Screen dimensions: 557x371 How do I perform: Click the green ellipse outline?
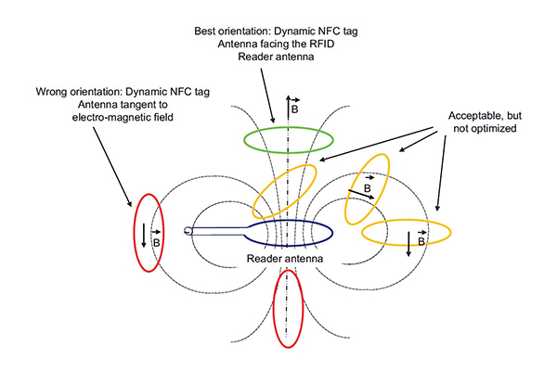click(x=288, y=128)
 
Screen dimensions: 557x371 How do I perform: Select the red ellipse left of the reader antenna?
click(x=134, y=233)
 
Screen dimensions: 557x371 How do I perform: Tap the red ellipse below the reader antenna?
click(x=274, y=309)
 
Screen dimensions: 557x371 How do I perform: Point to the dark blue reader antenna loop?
click(x=289, y=221)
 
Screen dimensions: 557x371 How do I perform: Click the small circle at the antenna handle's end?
click(x=188, y=232)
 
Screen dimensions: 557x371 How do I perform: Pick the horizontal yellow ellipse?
click(x=406, y=220)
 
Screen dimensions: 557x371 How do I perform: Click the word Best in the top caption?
click(x=205, y=32)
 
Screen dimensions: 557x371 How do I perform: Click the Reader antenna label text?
click(x=285, y=259)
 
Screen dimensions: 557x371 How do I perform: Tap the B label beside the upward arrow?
click(x=295, y=109)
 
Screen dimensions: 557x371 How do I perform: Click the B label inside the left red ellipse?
click(x=156, y=242)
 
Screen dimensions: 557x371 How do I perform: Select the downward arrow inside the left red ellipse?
click(x=144, y=235)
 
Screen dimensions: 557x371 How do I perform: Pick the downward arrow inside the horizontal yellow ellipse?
click(x=408, y=244)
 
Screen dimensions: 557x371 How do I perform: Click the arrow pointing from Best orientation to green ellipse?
click(x=267, y=96)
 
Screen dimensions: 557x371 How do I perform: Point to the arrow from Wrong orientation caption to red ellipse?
click(x=112, y=167)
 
